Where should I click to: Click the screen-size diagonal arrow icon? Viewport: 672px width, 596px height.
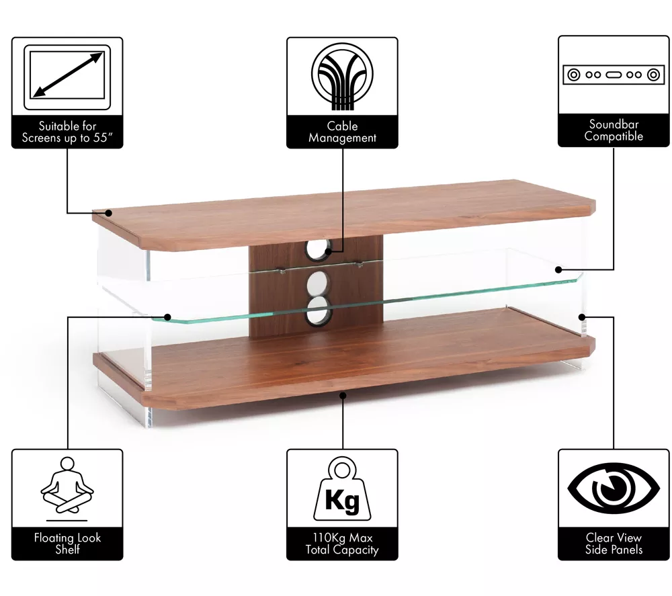pos(67,75)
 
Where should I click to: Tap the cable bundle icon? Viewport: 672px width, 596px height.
pos(342,75)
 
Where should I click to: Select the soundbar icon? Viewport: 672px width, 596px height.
pos(614,75)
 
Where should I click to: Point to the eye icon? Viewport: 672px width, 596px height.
pos(614,488)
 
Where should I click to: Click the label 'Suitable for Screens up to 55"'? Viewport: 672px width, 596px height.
pos(67,132)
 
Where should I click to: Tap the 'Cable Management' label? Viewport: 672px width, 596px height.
pos(342,132)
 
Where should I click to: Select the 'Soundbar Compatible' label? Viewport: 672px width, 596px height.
pos(614,130)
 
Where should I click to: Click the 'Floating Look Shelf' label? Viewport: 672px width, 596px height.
pos(67,544)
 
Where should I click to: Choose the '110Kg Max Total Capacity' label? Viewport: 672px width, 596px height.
pos(342,544)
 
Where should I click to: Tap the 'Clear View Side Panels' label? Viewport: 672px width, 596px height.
pos(614,544)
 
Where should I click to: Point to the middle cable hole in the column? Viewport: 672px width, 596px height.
pos(318,284)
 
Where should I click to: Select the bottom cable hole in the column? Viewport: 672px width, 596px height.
pos(318,311)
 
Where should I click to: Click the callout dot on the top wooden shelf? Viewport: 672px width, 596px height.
pos(109,212)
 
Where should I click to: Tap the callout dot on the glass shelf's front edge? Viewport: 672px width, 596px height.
pos(167,317)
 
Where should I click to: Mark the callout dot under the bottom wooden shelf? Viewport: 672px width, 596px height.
pos(343,395)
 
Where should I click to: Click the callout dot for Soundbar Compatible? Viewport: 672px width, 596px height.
pos(558,269)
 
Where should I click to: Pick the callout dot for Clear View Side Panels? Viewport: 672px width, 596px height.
pos(582,317)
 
